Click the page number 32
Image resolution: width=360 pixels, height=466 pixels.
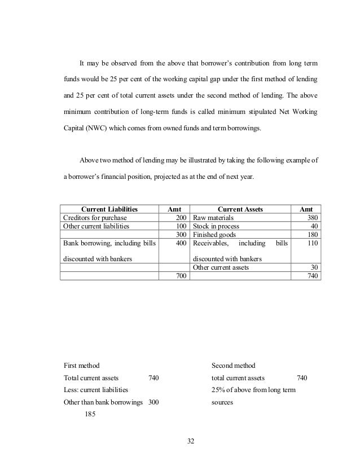(190, 441)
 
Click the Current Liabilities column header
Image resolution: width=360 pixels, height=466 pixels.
(110, 209)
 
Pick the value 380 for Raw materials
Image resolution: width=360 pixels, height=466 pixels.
(311, 217)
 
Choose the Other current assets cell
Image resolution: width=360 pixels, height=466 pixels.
(221, 267)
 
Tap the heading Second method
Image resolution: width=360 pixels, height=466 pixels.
(233, 366)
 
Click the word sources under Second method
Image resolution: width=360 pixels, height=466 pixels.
(222, 403)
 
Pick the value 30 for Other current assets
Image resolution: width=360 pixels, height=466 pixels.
(314, 267)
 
